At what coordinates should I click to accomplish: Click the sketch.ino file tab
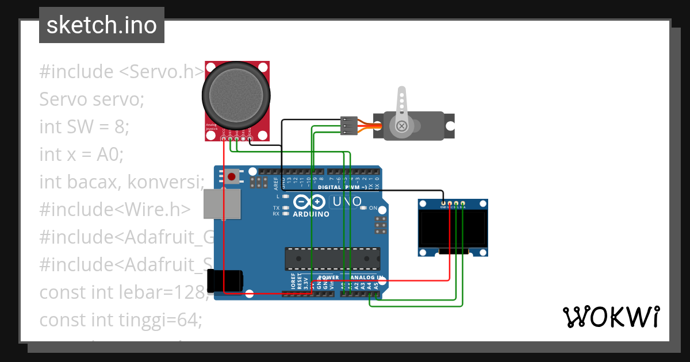102,25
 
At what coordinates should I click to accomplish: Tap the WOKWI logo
611,317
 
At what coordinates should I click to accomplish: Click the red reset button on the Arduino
232,176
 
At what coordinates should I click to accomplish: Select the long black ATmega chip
332,259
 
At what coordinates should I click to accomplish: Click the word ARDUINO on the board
311,214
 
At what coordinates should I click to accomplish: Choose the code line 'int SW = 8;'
84,126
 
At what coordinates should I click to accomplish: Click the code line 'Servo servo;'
91,99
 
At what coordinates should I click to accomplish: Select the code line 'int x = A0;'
82,154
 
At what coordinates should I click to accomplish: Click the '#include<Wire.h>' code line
114,209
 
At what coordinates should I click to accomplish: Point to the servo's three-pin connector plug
348,126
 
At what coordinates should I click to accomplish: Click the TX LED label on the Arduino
276,207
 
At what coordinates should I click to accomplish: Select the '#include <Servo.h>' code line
121,72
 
